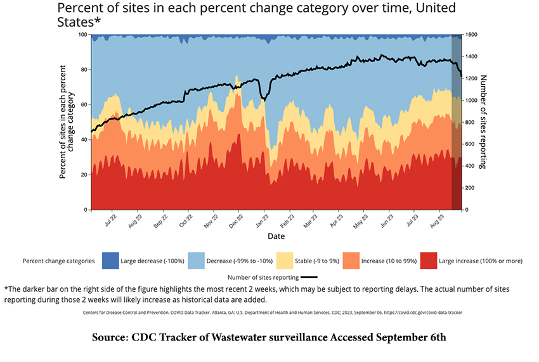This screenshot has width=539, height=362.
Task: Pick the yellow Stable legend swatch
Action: pos(285,260)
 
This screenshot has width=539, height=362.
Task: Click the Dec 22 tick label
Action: pos(236,223)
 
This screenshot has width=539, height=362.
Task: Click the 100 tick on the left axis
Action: pos(82,35)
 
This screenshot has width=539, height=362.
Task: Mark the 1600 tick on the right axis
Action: pos(473,35)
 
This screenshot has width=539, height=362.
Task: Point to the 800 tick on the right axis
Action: pos(472,122)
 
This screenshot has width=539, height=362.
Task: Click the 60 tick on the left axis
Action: pos(84,104)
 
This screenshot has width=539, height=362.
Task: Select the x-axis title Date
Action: pos(276,236)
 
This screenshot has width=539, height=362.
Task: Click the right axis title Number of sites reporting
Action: pos(483,122)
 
